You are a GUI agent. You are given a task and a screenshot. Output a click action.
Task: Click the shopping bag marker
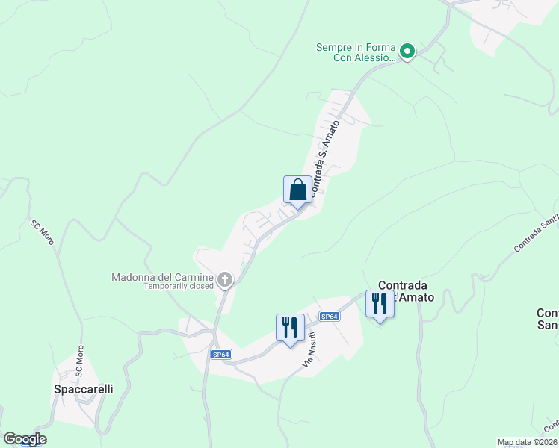(297, 190)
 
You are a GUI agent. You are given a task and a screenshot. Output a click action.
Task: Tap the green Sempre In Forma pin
(407, 52)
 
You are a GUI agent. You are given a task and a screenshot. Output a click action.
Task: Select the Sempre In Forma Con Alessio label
(355, 52)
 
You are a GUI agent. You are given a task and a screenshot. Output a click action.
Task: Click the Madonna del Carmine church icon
(224, 279)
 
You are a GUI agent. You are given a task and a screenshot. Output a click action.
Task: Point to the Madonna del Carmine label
(162, 277)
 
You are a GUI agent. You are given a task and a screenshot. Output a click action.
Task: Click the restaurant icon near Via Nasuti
(290, 327)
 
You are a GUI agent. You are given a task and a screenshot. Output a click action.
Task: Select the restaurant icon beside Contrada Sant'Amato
(380, 303)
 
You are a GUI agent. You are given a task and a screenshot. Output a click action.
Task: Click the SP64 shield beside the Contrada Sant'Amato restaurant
(330, 317)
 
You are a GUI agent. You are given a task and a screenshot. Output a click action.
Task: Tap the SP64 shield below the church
(220, 354)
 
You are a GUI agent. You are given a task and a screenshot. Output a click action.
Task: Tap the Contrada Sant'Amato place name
(403, 291)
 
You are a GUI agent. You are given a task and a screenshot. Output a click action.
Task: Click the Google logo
(25, 439)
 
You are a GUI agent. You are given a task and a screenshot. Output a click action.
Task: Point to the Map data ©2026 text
(528, 442)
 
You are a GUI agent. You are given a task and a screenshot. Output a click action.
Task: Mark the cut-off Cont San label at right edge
(548, 318)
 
